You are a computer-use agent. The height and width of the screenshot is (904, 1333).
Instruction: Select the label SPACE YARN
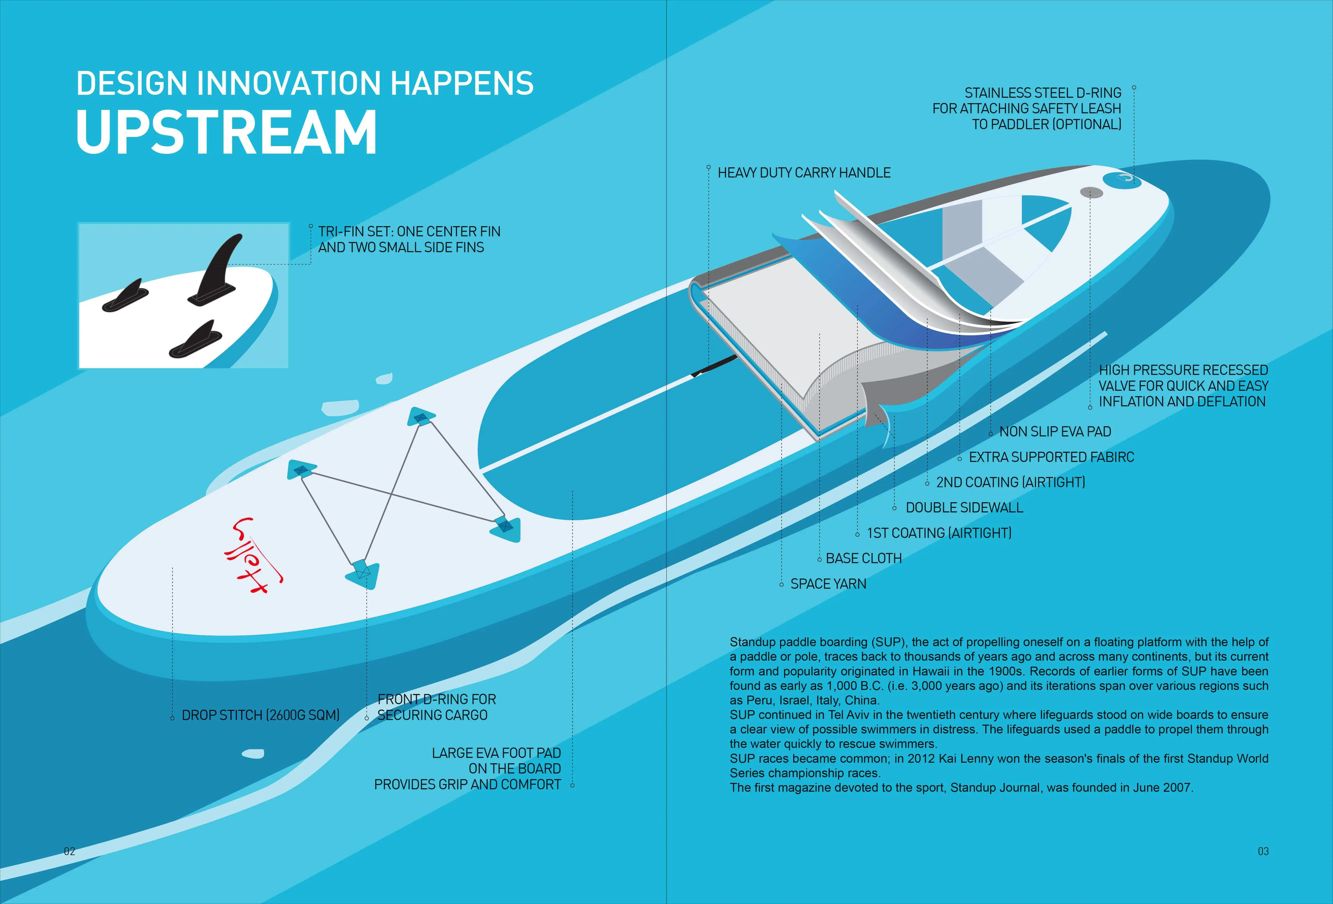828,584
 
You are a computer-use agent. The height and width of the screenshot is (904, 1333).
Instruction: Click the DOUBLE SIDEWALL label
964,507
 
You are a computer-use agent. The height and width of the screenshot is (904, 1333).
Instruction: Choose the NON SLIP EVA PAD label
1055,432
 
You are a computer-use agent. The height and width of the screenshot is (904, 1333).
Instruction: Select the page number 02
69,851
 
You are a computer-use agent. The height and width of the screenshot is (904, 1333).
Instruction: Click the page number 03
1263,851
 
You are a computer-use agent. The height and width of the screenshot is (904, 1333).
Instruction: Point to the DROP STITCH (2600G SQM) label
260,715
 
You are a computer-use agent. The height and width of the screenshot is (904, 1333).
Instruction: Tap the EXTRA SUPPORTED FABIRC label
1051,457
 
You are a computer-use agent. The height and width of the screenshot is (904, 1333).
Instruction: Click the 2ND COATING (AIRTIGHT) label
1011,482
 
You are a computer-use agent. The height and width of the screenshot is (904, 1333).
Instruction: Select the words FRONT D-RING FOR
436,699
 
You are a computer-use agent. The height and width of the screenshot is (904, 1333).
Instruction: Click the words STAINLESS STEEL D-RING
1042,93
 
